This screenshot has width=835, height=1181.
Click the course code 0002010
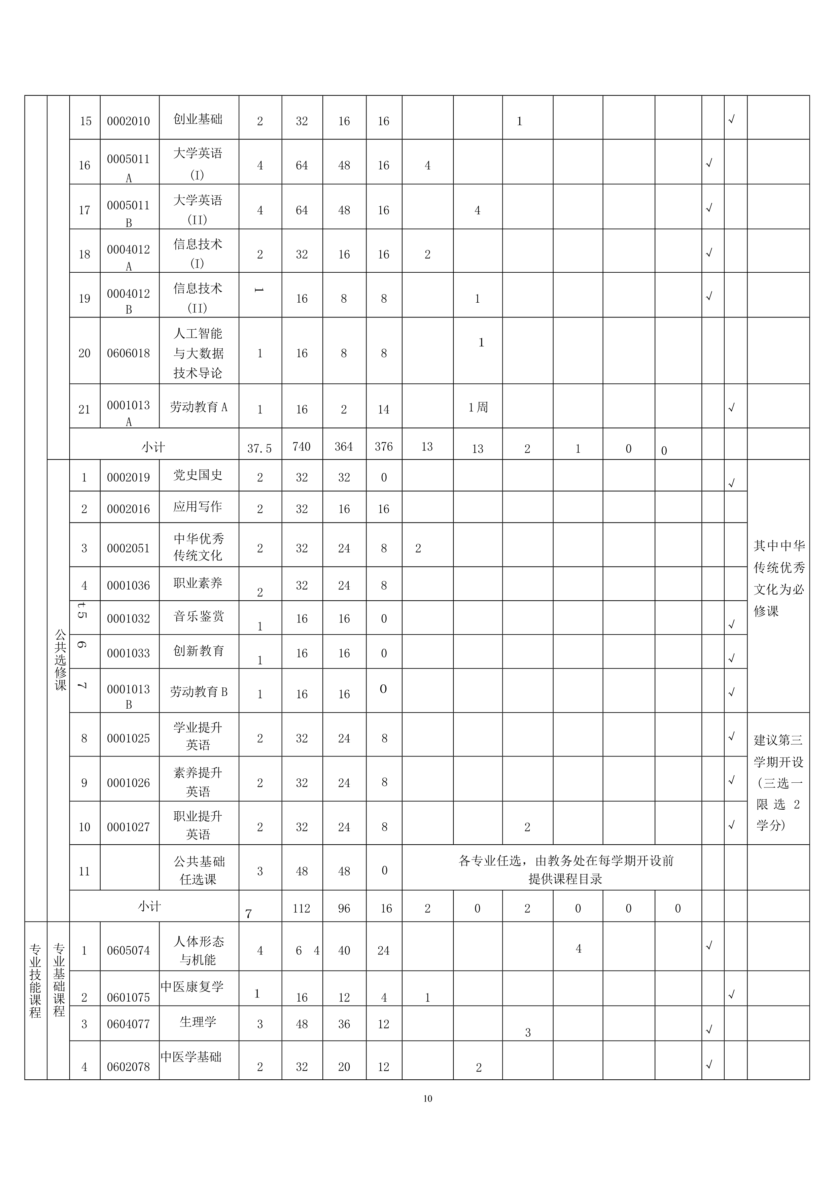point(129,122)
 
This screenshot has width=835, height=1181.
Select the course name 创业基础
point(198,119)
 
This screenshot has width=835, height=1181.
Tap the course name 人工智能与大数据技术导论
point(198,353)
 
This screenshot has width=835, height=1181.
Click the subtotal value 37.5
point(259,448)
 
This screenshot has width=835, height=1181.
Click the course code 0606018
point(129,353)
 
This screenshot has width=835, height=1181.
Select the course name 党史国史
point(198,475)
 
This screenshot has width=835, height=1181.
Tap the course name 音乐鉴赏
point(199,616)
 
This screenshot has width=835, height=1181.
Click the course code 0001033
point(129,653)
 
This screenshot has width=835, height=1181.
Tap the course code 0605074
point(129,951)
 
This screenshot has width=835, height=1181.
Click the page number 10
point(428,1099)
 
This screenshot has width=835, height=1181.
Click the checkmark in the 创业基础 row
point(732,119)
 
